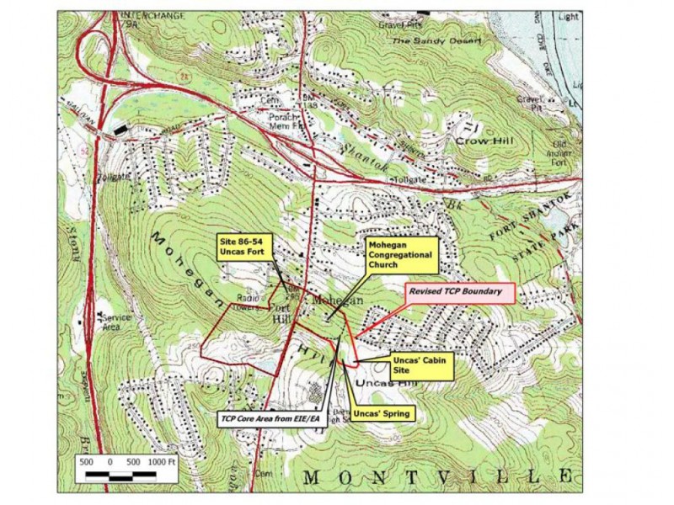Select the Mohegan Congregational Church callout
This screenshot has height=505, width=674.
pos(400,255)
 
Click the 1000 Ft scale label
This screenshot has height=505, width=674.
pos(161,462)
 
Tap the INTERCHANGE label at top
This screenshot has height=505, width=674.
pos(143,16)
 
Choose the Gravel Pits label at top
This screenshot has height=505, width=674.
pos(404,25)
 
